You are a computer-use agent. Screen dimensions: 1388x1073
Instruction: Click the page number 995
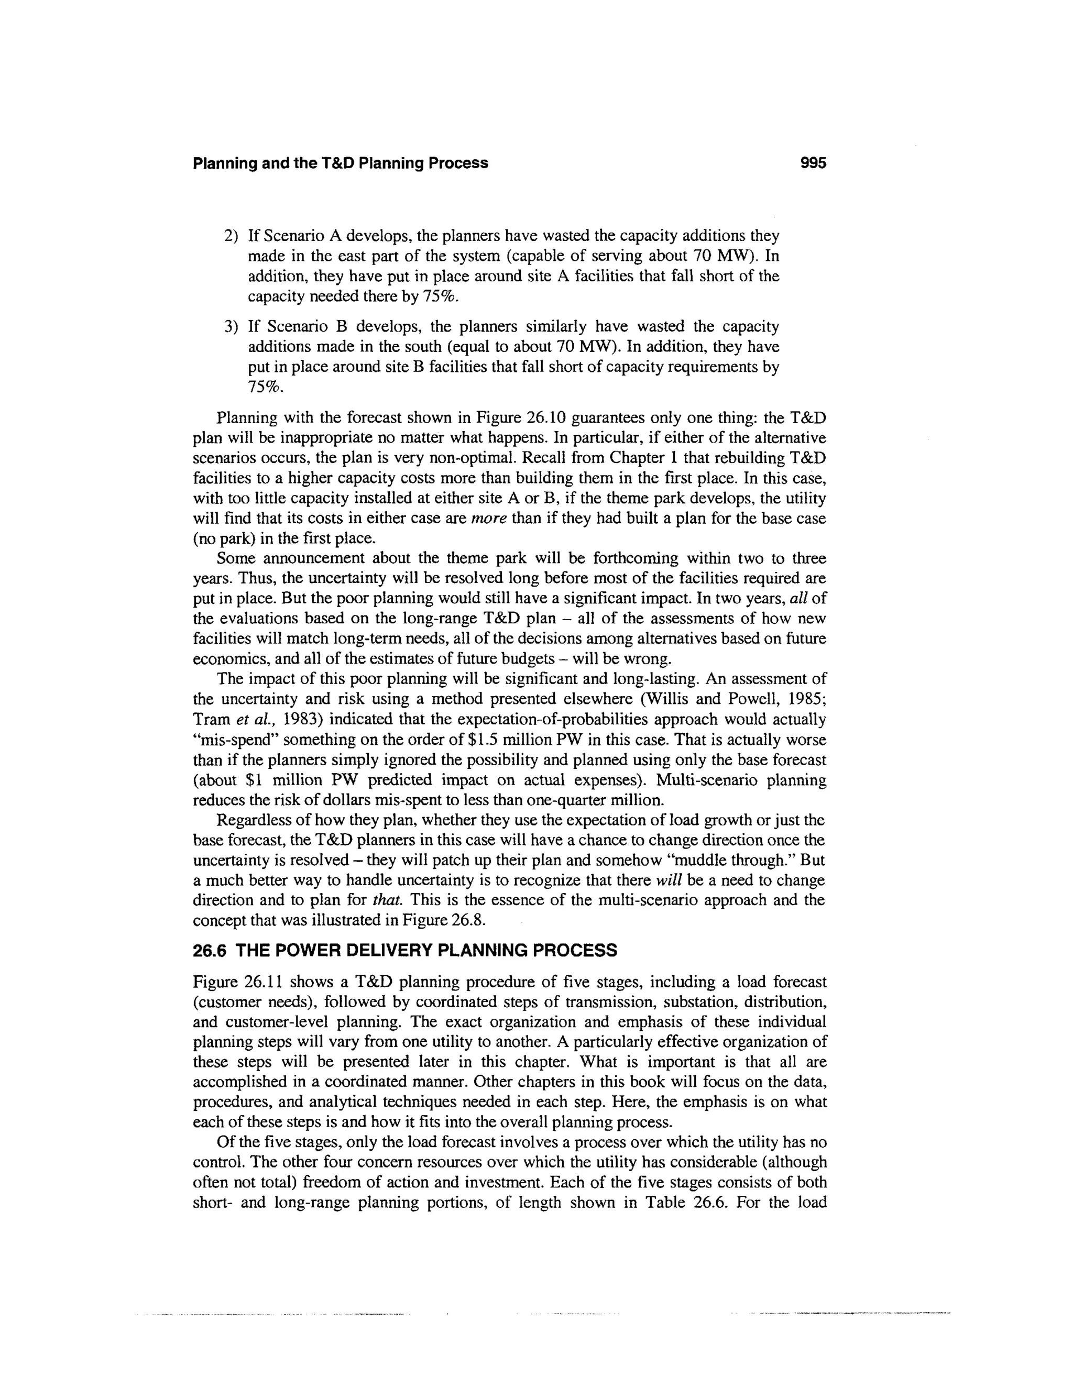(x=813, y=163)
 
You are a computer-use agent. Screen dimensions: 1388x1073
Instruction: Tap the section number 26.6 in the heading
(x=210, y=951)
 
